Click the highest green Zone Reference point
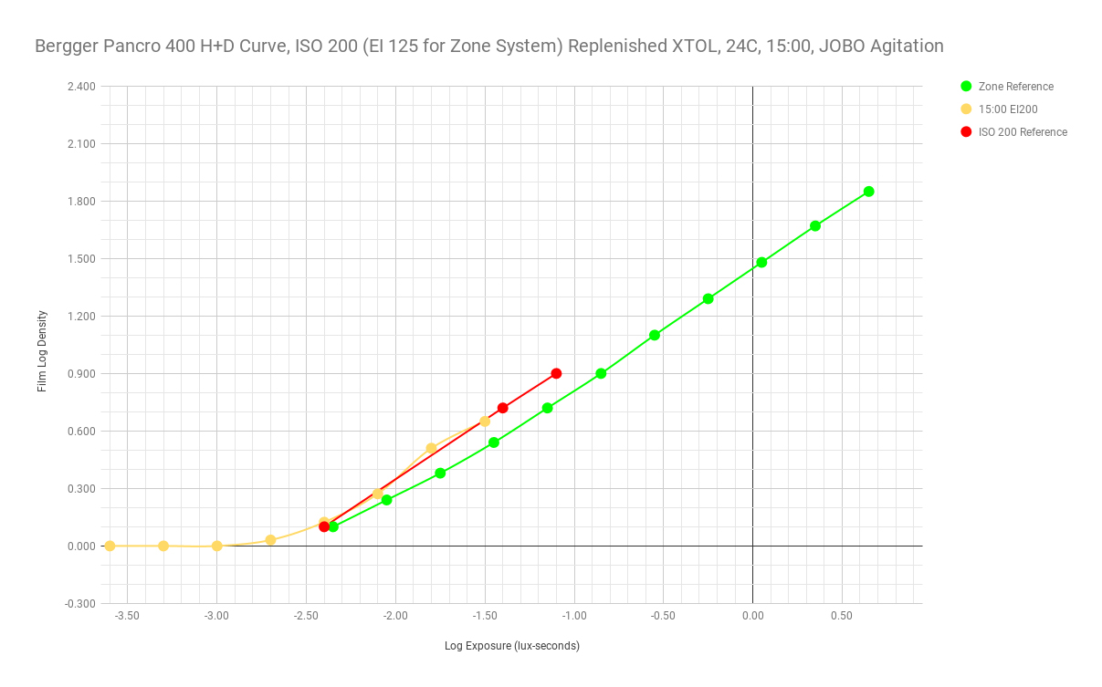click(x=868, y=192)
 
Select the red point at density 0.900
click(x=556, y=373)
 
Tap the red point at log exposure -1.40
click(x=502, y=408)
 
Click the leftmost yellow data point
click(x=110, y=546)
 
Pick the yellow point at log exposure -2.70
click(x=270, y=540)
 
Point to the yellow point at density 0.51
click(x=431, y=448)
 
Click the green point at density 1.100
click(x=654, y=335)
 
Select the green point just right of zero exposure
click(x=761, y=262)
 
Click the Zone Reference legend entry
click(x=1015, y=87)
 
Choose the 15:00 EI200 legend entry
click(x=1008, y=109)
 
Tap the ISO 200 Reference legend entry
click(x=1023, y=132)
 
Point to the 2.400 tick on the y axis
click(x=81, y=87)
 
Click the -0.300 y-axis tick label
click(x=80, y=603)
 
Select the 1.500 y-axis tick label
click(x=81, y=259)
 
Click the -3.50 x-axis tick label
click(x=127, y=616)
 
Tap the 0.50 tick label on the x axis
click(x=842, y=616)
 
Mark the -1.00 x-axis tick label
click(x=573, y=616)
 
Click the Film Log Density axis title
click(x=42, y=351)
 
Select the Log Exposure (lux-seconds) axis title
click(x=512, y=646)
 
